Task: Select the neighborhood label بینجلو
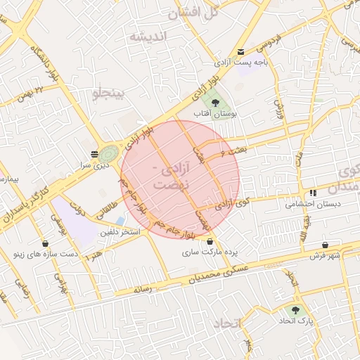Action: point(112,91)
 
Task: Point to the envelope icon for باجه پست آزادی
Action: point(242,51)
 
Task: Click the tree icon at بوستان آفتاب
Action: point(214,103)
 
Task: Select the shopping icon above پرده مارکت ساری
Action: point(209,241)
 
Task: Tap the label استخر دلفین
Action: point(120,231)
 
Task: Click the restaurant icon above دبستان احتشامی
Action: point(311,193)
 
